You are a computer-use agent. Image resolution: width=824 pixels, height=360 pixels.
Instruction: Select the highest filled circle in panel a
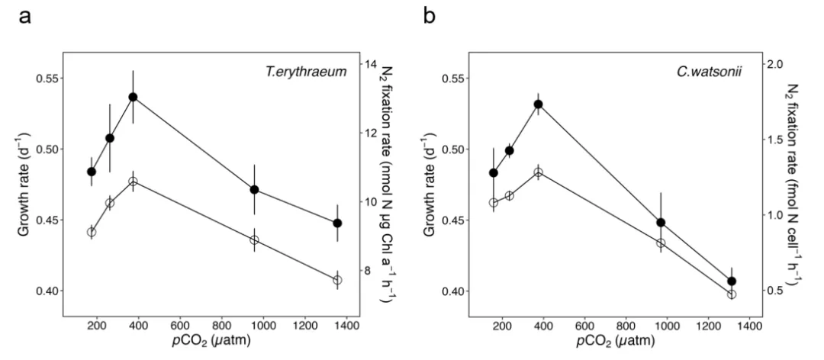point(133,97)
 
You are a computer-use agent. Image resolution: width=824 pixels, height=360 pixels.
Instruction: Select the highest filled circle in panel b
point(538,104)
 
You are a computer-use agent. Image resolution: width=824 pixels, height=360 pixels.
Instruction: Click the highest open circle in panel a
point(133,182)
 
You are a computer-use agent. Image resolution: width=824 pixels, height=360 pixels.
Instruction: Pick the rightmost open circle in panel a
point(337,280)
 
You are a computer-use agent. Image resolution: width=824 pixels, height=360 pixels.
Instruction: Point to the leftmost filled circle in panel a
point(92,172)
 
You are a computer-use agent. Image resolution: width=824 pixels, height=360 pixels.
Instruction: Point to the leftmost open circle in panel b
point(493,202)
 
